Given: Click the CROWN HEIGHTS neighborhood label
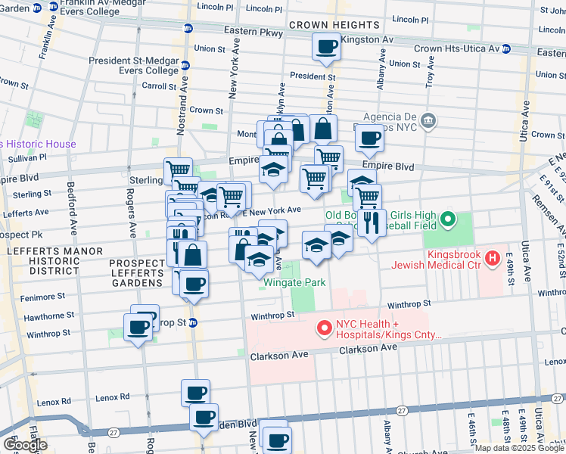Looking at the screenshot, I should pyautogui.click(x=326, y=25).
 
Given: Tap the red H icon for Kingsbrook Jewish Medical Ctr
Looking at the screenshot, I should pyautogui.click(x=493, y=259).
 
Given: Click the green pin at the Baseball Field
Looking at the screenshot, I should pyautogui.click(x=448, y=221).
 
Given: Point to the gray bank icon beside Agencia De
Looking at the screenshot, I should pyautogui.click(x=428, y=121).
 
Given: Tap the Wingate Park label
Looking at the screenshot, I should pyautogui.click(x=294, y=283).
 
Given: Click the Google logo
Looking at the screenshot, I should pyautogui.click(x=25, y=445).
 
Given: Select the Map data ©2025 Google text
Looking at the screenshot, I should pyautogui.click(x=518, y=448).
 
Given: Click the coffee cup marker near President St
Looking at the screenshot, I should pyautogui.click(x=326, y=48).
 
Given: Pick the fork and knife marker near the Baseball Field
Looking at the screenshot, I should pyautogui.click(x=371, y=222).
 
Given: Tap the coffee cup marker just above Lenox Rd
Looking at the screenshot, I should pyautogui.click(x=195, y=393).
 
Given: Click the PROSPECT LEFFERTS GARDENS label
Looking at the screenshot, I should pyautogui.click(x=136, y=272).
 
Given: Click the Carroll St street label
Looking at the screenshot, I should pyautogui.click(x=159, y=86).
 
